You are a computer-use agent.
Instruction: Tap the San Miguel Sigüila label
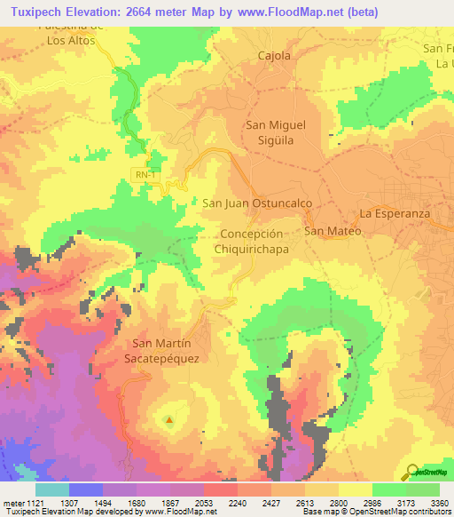[x=274, y=132]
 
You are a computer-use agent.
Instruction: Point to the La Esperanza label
[x=394, y=214]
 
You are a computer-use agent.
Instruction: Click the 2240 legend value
[x=238, y=501]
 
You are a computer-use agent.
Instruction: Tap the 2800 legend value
[x=339, y=501]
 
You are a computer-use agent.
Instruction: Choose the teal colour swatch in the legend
[x=51, y=489]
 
